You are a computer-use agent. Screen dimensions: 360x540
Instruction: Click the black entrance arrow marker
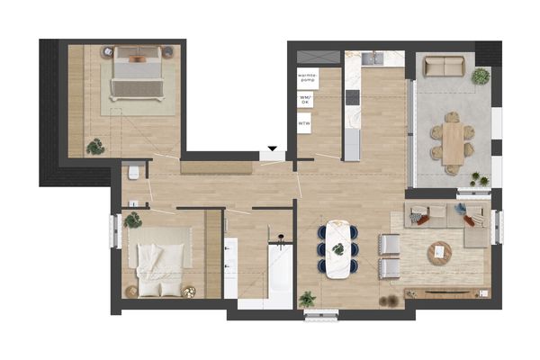point(272,149)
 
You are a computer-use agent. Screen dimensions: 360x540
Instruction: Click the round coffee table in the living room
point(440,253)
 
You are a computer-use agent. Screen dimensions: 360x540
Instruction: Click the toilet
point(132,171)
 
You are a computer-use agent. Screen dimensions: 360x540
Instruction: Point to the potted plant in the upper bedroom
point(94,145)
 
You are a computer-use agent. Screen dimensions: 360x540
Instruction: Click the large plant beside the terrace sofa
point(481,75)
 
